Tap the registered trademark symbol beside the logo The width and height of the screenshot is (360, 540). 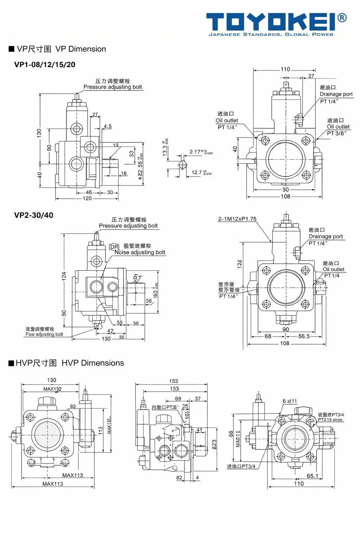click(x=342, y=18)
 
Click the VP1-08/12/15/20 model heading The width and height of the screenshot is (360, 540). click(x=45, y=65)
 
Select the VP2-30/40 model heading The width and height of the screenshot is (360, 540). click(x=34, y=215)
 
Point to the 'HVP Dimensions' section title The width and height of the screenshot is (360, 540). click(x=92, y=363)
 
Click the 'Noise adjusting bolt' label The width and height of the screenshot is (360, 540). click(x=140, y=252)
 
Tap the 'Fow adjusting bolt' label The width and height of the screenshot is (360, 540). click(x=44, y=334)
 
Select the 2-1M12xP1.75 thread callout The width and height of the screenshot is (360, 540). click(x=237, y=219)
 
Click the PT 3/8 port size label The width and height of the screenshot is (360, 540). click(x=336, y=133)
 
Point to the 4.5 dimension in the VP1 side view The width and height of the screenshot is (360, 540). click(x=108, y=126)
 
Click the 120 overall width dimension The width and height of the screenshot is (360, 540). click(x=87, y=199)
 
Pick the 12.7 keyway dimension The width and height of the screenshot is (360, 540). click(x=197, y=172)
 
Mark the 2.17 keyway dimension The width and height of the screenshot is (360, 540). click(x=195, y=152)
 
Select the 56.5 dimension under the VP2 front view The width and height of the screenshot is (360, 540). click(x=304, y=336)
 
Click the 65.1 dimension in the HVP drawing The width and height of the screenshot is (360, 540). click(x=312, y=476)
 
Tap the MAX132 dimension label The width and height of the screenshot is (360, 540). click(x=52, y=389)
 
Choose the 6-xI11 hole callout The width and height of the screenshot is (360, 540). click(x=290, y=401)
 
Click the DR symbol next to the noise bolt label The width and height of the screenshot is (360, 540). click(x=115, y=247)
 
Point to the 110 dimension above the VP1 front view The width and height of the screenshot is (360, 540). click(x=285, y=69)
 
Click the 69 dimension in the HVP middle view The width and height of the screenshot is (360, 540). click(x=178, y=398)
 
